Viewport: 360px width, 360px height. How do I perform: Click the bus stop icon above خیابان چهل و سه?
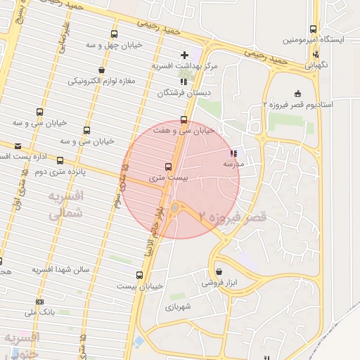coord(114,34)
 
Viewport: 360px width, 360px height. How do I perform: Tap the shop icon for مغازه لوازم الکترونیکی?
coord(102,70)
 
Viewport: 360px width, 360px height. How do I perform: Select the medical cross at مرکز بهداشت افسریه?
coord(185,55)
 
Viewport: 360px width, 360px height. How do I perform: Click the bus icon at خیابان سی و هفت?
coord(184,120)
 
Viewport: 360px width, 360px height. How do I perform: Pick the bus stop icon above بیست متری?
coord(168,167)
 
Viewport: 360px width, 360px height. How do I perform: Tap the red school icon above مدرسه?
coord(233,153)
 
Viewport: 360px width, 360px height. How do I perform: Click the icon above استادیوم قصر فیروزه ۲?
coord(297,94)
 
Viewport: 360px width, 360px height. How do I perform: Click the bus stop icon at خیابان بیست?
coord(140,275)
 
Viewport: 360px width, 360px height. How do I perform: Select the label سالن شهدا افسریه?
coord(61,269)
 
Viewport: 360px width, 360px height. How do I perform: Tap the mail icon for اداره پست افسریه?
coord(18,146)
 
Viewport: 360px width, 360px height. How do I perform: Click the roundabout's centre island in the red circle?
coord(175,209)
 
